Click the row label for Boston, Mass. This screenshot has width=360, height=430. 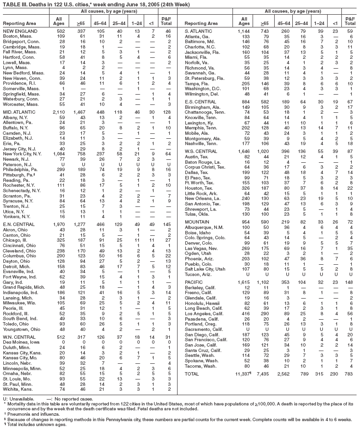click(16, 36)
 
